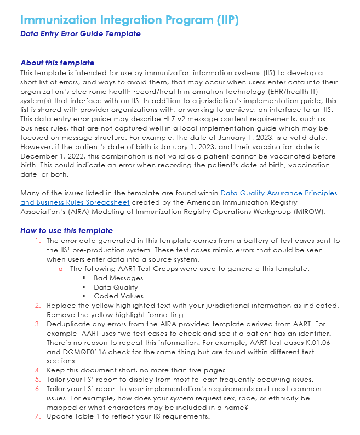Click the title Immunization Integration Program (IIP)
[129, 20]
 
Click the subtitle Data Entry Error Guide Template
[80, 34]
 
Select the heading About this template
[57, 63]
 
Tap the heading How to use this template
[66, 230]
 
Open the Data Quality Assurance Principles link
[279, 193]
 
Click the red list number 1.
[38, 241]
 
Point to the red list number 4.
[38, 370]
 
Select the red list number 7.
[38, 416]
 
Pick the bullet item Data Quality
[116, 287]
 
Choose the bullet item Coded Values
[118, 296]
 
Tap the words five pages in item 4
[202, 370]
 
